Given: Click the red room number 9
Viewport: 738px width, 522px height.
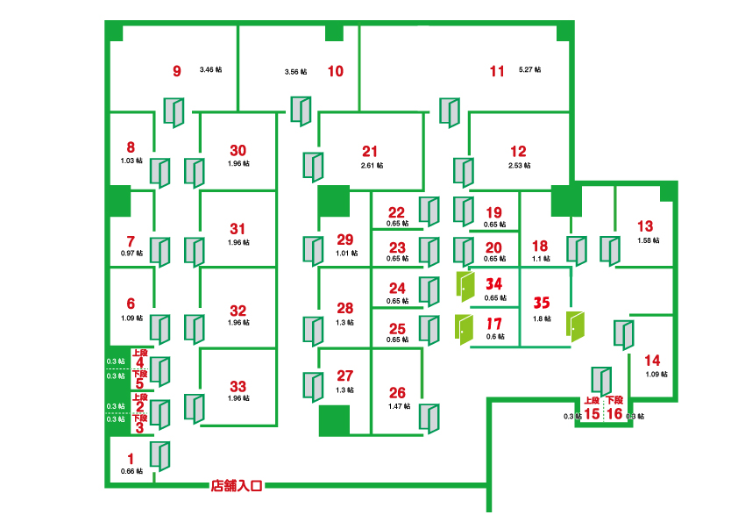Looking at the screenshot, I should [177, 71].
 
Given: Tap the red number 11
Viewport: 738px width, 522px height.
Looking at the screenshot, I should [497, 71].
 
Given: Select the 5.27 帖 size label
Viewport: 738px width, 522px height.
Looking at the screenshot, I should [530, 69].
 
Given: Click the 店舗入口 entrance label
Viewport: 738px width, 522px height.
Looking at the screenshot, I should [236, 484].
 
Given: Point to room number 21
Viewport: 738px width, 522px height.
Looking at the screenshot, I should [369, 150].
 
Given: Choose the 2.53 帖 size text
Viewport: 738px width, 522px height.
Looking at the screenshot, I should [519, 165].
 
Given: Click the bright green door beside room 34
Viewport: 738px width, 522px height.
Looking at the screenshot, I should [465, 286].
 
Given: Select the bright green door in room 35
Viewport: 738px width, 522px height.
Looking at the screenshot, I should [575, 326].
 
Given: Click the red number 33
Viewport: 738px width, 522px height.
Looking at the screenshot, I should [238, 385].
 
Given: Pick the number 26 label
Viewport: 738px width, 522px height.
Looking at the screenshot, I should [397, 392].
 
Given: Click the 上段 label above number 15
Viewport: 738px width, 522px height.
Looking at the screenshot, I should [592, 399].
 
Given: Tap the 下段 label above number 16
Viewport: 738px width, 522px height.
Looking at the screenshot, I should [615, 399].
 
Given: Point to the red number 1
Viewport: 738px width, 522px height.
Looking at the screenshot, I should [131, 457].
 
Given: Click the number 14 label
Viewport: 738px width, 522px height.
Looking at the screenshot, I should [652, 360].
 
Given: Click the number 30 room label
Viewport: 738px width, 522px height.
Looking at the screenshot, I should [238, 149].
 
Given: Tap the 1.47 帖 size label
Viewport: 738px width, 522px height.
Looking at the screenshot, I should [397, 407].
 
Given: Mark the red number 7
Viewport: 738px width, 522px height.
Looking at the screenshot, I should [131, 240].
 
